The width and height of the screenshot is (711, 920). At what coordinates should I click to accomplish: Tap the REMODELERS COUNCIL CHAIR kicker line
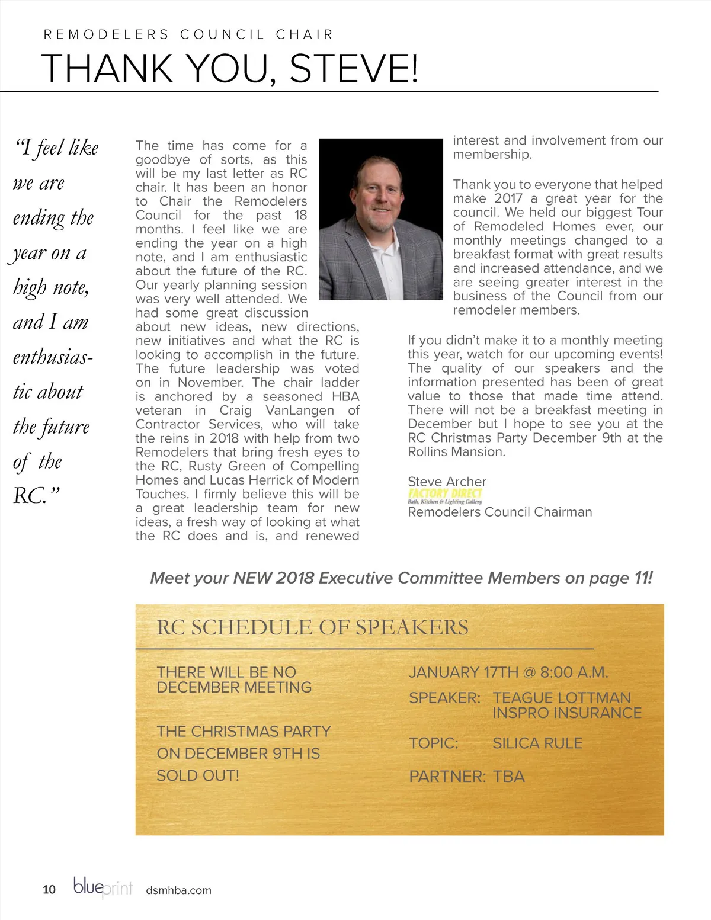click(x=188, y=34)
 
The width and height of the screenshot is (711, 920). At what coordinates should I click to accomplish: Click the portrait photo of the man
click(x=380, y=210)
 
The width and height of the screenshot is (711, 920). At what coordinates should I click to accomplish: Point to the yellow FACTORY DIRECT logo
click(x=445, y=493)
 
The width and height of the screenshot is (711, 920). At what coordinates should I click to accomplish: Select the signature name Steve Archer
click(x=447, y=482)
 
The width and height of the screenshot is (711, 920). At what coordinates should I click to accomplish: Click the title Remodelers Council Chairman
click(x=499, y=512)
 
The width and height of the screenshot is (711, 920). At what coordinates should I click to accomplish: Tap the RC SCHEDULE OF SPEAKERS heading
click(x=312, y=627)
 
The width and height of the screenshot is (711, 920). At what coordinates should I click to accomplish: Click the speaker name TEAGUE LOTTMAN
click(x=561, y=698)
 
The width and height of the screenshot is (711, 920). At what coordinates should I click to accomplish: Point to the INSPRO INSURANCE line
click(x=566, y=713)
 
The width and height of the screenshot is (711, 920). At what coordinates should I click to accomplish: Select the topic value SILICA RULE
click(x=537, y=743)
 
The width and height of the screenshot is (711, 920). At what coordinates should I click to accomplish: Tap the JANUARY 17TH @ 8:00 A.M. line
click(x=508, y=672)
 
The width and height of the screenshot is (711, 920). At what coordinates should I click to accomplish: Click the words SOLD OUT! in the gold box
click(x=198, y=775)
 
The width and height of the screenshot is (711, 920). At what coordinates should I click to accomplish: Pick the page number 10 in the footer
click(x=49, y=889)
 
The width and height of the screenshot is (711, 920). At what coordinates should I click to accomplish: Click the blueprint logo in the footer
click(x=103, y=887)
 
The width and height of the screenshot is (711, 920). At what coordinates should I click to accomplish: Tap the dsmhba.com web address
click(x=178, y=890)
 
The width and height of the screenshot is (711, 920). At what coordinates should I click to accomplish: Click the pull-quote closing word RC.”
click(x=36, y=495)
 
